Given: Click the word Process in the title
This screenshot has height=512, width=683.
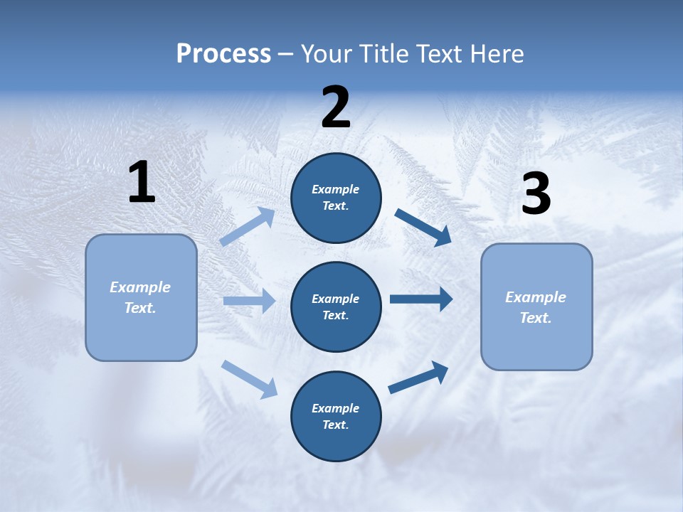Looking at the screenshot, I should pos(223,54).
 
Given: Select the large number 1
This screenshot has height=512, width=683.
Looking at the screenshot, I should pos(142,183).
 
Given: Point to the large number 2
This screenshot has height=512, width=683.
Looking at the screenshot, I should pos(336,107).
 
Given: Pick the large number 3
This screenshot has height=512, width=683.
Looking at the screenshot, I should pos(536,194).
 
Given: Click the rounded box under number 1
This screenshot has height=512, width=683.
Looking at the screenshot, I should pos(141,297).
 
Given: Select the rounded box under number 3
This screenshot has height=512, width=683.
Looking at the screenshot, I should pos(536,306).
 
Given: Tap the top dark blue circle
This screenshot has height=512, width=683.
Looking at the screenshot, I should pos(336,198).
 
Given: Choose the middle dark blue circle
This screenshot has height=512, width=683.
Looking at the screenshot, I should pos(336,306).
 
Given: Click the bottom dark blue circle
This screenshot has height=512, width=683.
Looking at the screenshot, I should pos(336,416).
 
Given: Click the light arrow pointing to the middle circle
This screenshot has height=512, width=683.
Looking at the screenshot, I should pos(249,301).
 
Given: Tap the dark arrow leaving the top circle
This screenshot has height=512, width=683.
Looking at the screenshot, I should pos(423,228).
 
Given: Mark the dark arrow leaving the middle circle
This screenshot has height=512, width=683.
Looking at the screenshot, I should pos(421,299).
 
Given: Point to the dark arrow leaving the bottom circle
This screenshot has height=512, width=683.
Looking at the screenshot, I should pos(418,378).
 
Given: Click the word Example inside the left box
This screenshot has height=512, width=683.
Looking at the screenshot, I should pos(140,287).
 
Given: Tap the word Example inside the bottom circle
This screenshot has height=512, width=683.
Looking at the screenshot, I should pos(336,408).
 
